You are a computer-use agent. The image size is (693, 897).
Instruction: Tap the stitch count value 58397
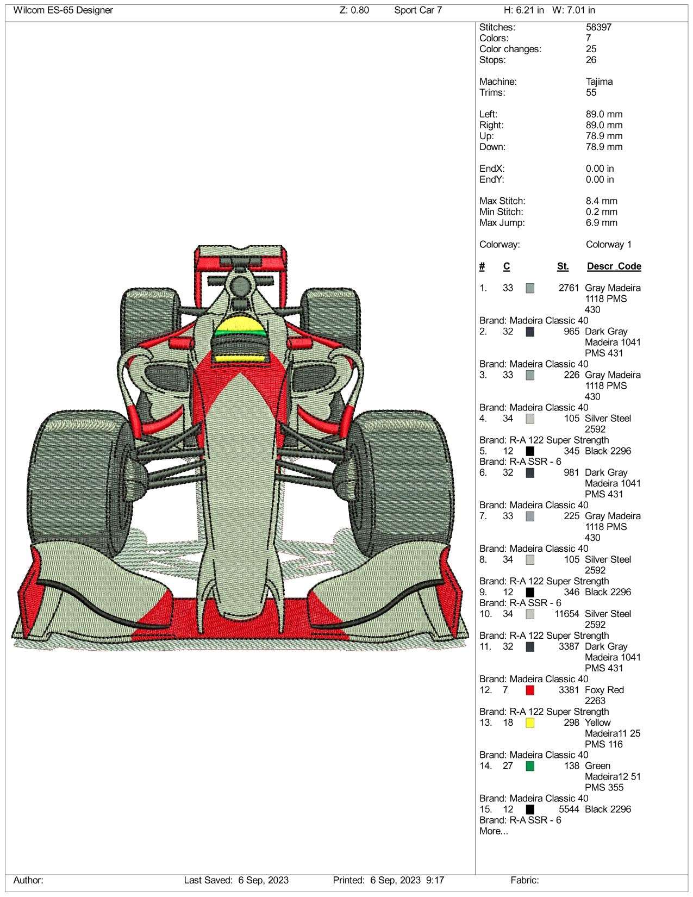pyautogui.click(x=598, y=27)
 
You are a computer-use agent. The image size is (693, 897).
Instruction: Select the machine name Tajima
pyautogui.click(x=599, y=82)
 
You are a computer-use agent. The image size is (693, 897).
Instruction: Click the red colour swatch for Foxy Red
pyautogui.click(x=530, y=690)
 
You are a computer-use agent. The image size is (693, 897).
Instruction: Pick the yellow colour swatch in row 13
pyautogui.click(x=530, y=722)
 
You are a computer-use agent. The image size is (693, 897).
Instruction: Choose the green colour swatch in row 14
pyautogui.click(x=530, y=766)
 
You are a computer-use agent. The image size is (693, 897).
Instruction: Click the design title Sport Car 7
pyautogui.click(x=417, y=10)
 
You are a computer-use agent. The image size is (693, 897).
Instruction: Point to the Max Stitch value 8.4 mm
pyautogui.click(x=601, y=201)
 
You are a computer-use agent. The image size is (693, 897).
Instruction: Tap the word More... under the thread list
pyautogui.click(x=494, y=831)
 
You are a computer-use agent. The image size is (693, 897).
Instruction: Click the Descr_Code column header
pyautogui.click(x=614, y=266)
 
